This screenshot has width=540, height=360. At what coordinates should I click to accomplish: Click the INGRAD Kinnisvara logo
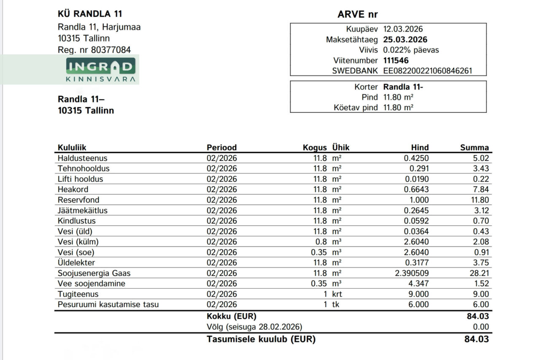100,70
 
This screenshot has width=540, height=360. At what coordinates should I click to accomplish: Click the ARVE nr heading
357,14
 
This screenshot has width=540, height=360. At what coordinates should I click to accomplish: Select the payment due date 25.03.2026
405,40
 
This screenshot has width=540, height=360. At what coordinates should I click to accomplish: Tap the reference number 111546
396,60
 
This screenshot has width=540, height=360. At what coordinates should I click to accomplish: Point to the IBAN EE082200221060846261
428,71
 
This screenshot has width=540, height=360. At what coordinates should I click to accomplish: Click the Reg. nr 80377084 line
94,50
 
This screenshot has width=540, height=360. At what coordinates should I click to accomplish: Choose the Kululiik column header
72,147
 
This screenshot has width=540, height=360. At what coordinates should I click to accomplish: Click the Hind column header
420,147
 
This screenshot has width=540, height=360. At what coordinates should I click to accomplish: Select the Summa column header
474,147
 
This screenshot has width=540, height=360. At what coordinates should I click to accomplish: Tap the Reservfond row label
78,200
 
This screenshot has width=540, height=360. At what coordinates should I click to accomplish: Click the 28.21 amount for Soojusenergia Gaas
479,273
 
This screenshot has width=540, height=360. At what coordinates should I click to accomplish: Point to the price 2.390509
412,273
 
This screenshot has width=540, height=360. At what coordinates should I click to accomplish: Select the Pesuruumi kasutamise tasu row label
108,304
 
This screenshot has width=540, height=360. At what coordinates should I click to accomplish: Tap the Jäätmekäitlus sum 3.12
481,210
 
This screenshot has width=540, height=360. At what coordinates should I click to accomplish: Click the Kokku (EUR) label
231,316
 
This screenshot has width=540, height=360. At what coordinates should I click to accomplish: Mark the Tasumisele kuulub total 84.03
476,339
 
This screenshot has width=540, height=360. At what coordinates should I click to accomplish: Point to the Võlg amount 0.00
481,327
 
